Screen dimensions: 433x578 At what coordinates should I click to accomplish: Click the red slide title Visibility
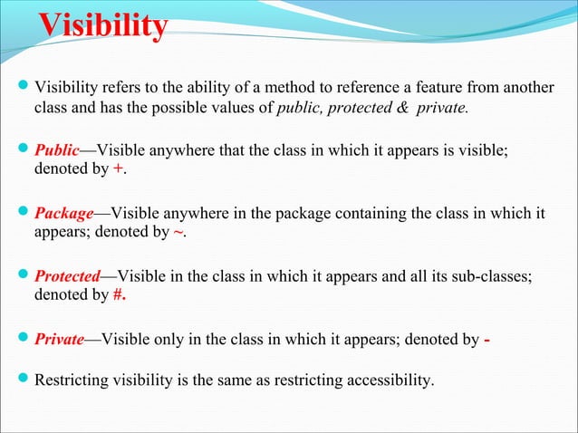[x=101, y=26]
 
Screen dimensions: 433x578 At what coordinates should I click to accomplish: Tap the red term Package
[x=63, y=214]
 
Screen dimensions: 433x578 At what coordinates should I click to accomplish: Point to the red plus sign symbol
[x=118, y=169]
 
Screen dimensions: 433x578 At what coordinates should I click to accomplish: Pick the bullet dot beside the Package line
[x=24, y=214]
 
